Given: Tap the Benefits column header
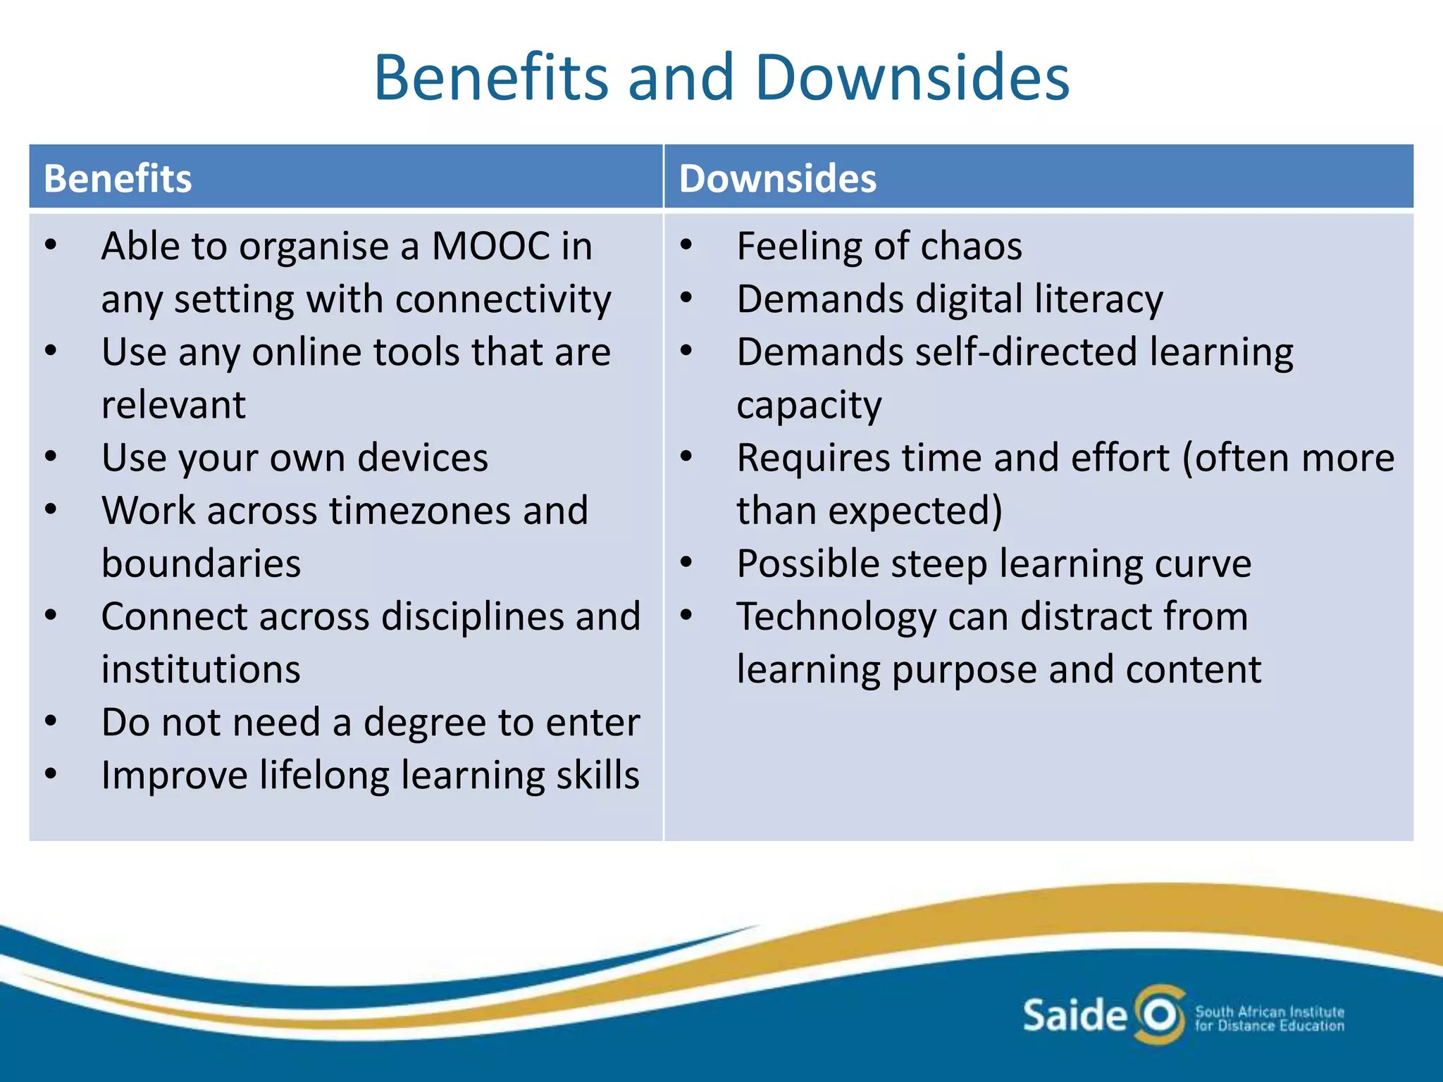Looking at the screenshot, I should coord(118,178).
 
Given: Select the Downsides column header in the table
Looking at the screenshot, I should coord(778,178).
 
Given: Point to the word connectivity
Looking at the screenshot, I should coord(503,299).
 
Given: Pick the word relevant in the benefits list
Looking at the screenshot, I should coord(173,405).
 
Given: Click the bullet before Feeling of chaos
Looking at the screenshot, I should coord(686,246).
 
